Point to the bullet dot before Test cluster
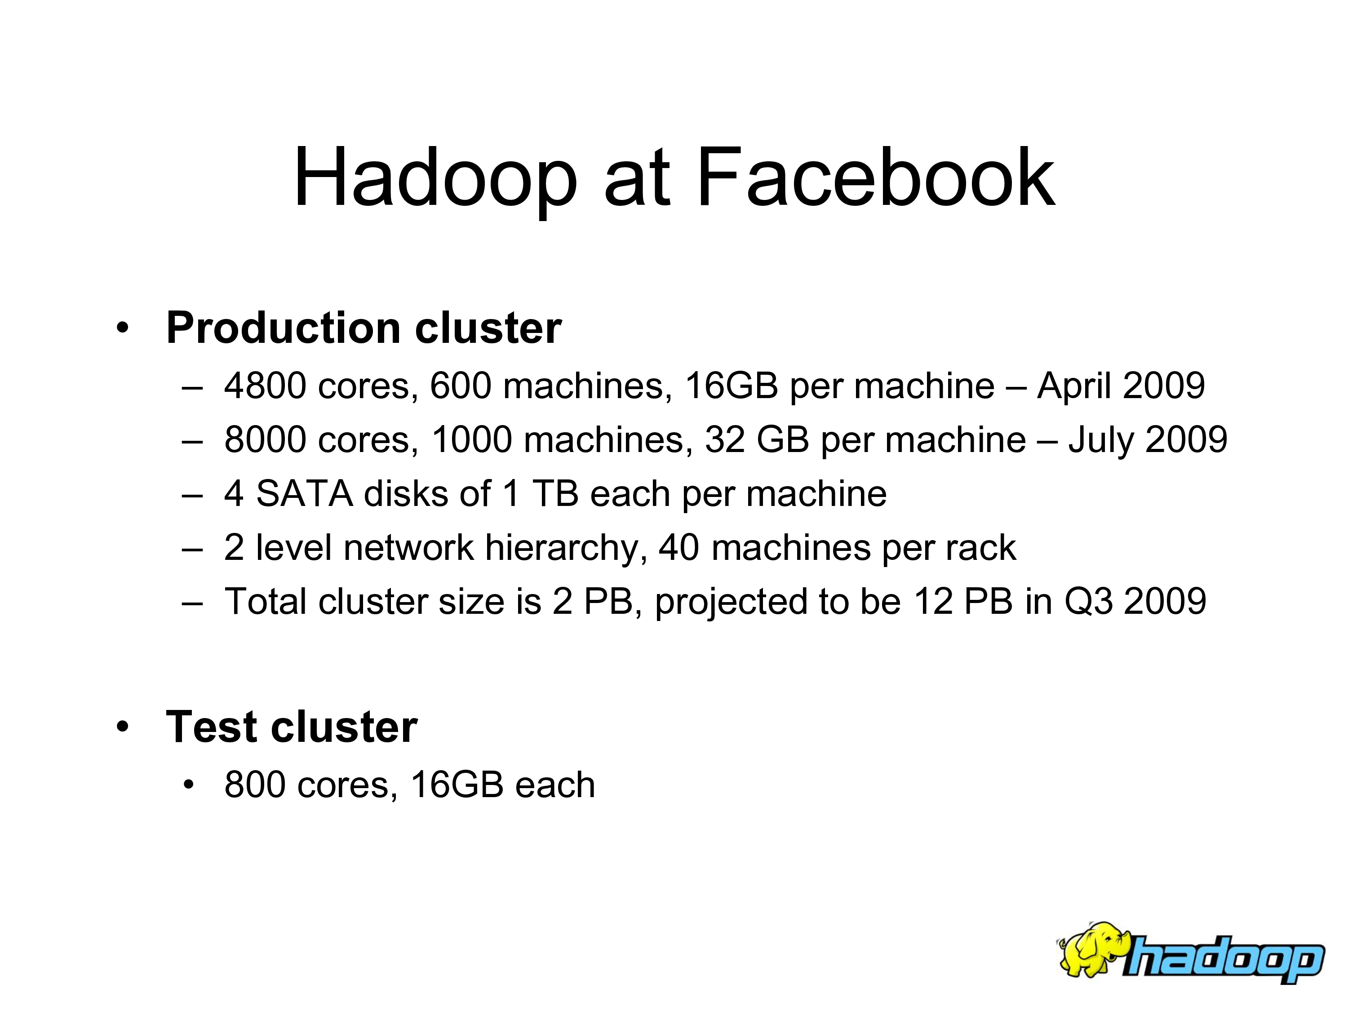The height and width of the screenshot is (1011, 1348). [x=123, y=727]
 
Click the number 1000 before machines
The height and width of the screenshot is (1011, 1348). [x=472, y=439]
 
